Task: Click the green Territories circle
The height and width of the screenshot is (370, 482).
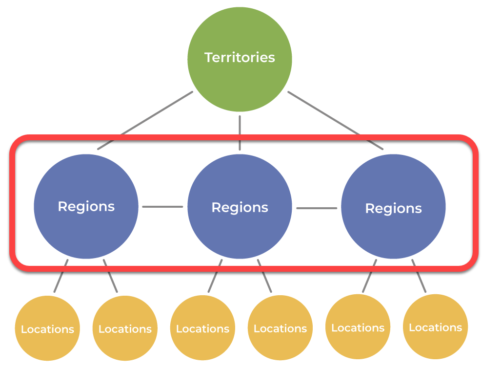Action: click(240, 59)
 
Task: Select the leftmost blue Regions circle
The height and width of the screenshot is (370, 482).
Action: click(86, 206)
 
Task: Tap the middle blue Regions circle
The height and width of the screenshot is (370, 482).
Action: click(240, 206)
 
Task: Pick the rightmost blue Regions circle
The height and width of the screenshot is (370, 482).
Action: click(394, 206)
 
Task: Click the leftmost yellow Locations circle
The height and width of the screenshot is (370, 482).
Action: click(47, 328)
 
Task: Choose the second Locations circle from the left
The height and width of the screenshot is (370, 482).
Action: click(125, 328)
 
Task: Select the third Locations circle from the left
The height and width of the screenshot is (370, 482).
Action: click(202, 328)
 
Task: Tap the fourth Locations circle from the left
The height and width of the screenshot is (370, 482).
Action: click(281, 328)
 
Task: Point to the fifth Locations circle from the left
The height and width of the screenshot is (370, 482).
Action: click(358, 327)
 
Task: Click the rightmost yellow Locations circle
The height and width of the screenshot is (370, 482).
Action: click(436, 326)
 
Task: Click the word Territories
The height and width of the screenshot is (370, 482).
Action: click(240, 57)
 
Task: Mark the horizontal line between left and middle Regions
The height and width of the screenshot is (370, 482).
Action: click(162, 207)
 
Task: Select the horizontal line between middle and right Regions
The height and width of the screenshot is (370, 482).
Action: click(317, 208)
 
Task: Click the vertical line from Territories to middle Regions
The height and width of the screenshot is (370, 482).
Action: click(240, 133)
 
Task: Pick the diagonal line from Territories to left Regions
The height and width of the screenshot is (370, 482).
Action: click(145, 120)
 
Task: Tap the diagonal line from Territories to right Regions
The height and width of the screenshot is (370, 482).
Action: click(335, 120)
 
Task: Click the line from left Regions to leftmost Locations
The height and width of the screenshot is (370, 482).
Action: click(61, 276)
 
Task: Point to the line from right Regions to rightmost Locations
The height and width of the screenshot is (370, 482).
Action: click(419, 276)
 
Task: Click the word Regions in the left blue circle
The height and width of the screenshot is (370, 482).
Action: click(86, 207)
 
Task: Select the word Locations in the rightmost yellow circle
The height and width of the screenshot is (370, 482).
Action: click(436, 327)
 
